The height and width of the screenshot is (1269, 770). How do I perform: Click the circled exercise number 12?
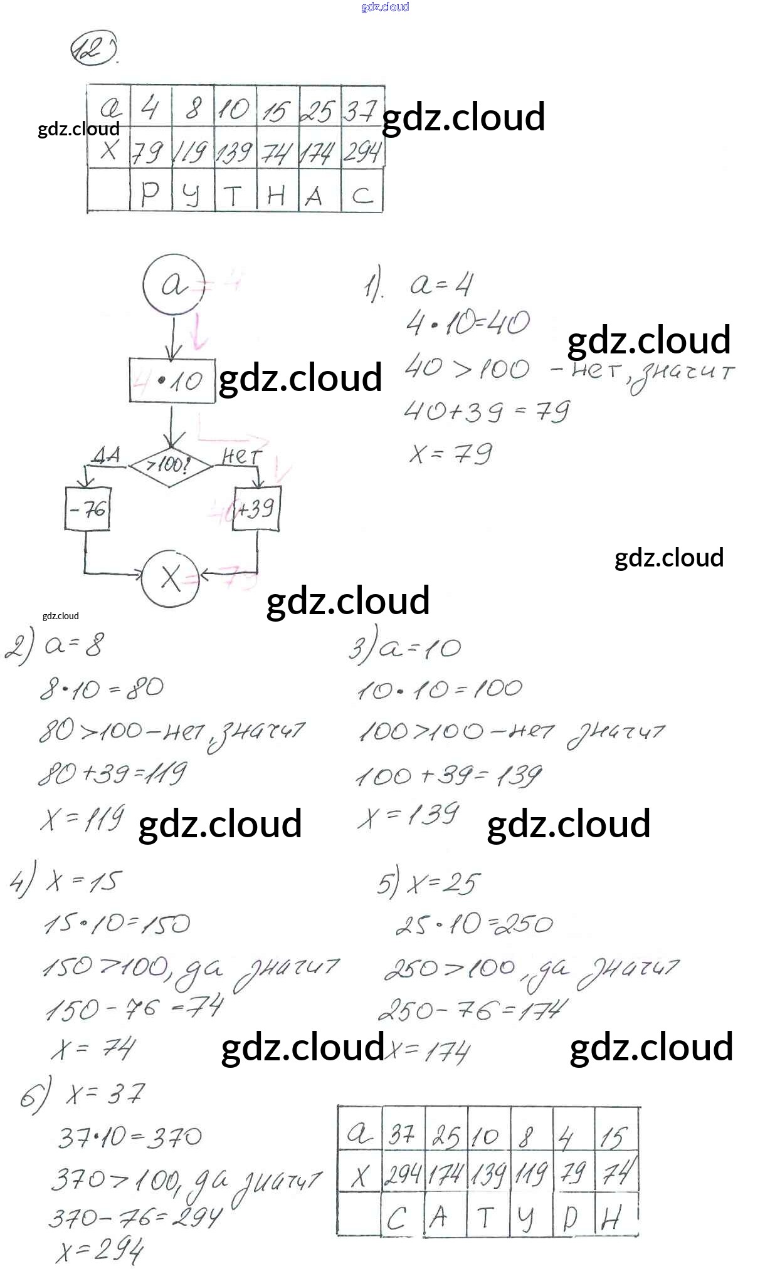94,49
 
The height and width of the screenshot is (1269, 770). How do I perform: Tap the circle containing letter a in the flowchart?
174,285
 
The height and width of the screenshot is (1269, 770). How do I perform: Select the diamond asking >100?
170,466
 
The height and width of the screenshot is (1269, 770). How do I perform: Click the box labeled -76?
88,508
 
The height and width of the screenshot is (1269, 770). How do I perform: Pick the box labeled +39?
256,508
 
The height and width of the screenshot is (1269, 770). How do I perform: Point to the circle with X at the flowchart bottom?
170,578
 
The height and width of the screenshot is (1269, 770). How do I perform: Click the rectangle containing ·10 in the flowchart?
172,380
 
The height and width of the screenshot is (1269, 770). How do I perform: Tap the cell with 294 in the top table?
362,152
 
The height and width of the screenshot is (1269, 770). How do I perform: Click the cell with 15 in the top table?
277,111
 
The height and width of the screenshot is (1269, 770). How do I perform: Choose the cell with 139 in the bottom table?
488,1174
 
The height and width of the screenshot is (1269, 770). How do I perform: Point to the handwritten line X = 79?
451,453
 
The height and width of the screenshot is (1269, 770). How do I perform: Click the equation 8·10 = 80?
102,689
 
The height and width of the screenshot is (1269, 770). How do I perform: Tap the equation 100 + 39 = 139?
448,776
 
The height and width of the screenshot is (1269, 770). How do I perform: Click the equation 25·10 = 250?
474,924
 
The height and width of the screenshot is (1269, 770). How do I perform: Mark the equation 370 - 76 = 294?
135,1216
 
